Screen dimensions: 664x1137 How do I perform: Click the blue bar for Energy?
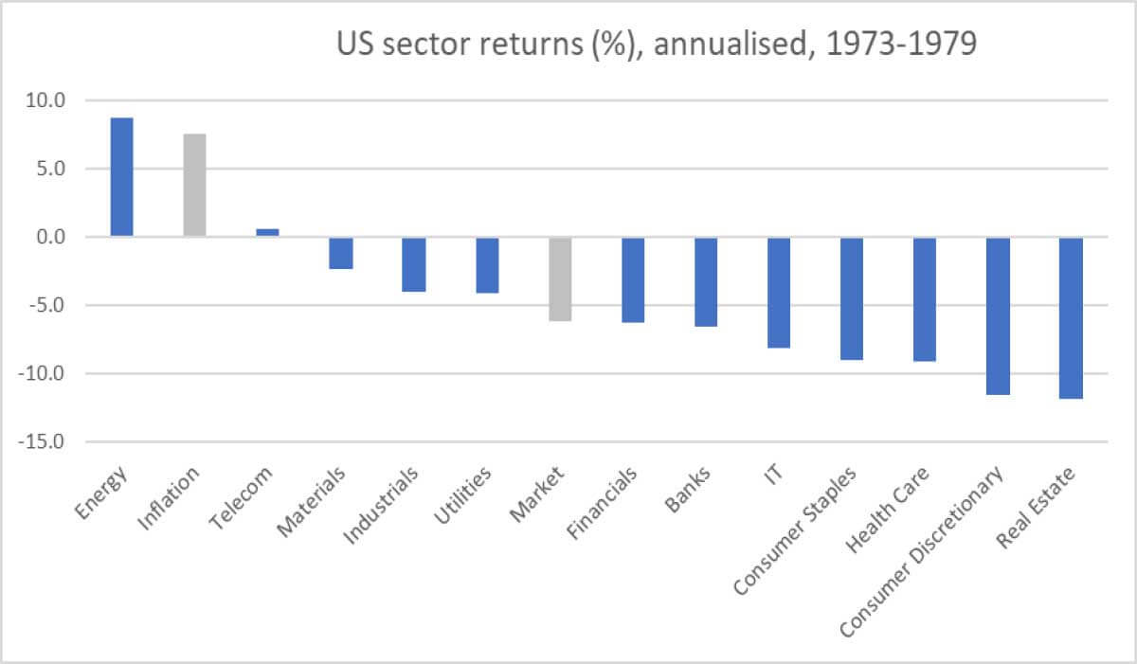pos(122,177)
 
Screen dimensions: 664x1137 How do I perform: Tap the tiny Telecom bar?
pos(268,232)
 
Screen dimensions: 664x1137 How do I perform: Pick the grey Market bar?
pos(560,279)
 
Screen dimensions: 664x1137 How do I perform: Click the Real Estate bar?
pos(1071,317)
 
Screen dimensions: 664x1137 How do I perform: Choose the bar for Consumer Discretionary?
pos(998,315)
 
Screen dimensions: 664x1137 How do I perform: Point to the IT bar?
pos(779,293)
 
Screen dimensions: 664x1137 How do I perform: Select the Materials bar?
pos(341,253)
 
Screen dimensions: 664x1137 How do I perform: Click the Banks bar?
pos(706,281)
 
